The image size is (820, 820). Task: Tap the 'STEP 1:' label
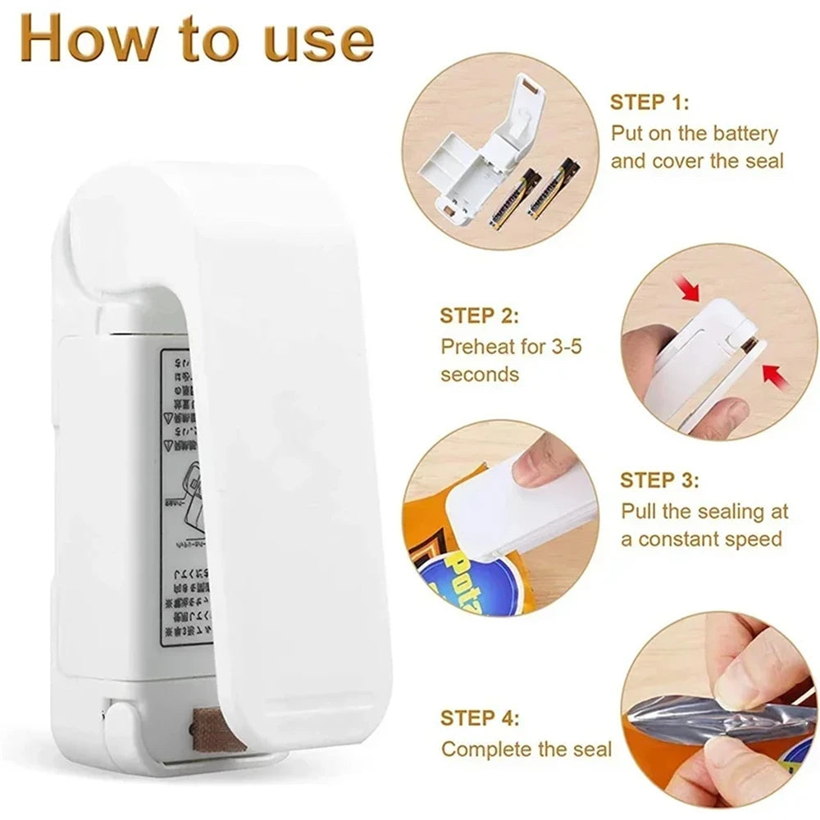pos(649,102)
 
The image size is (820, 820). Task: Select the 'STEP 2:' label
pos(479,316)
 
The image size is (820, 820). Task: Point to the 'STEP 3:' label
pos(659,480)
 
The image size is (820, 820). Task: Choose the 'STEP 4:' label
pos(480,718)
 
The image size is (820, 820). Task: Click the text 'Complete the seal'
pos(526,749)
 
